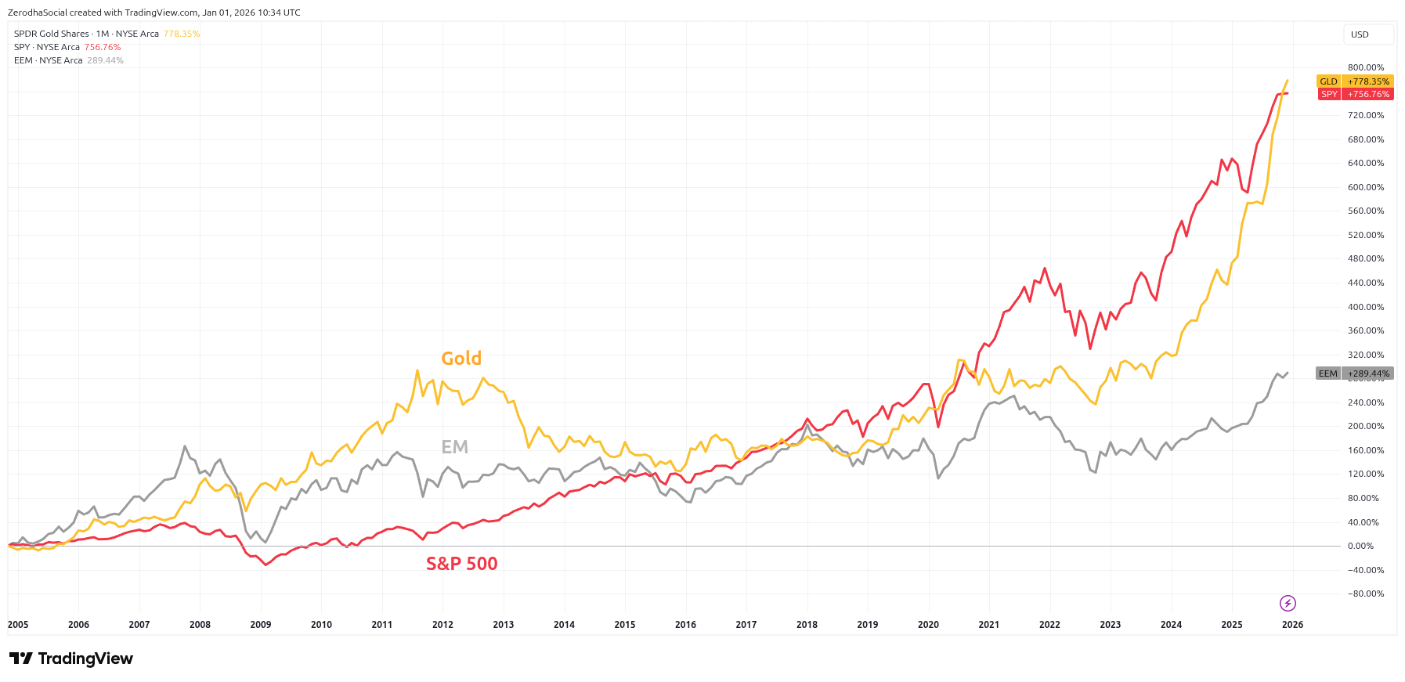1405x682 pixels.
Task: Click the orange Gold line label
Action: coord(461,359)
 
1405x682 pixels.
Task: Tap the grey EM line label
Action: coord(454,447)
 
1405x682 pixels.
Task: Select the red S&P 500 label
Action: coord(461,564)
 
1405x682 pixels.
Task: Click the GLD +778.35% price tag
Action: coord(1355,81)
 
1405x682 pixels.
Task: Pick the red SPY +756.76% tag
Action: coord(1355,94)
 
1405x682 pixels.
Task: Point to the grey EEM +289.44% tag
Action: coord(1354,373)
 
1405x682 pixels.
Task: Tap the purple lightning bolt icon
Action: coord(1288,603)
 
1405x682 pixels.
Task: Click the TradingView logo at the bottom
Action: coord(71,659)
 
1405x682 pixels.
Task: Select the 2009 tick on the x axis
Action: coord(261,625)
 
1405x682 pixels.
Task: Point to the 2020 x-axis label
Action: coord(928,625)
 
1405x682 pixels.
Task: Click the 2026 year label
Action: coord(1292,625)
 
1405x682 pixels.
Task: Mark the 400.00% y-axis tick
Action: coord(1366,307)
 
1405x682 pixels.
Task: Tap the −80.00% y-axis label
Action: coord(1366,594)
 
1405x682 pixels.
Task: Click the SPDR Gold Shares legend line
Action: coord(86,34)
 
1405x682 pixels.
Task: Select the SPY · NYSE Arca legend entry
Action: coord(47,47)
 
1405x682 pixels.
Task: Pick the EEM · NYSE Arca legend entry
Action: coord(48,60)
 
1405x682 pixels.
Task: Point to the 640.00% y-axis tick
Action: coord(1366,164)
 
